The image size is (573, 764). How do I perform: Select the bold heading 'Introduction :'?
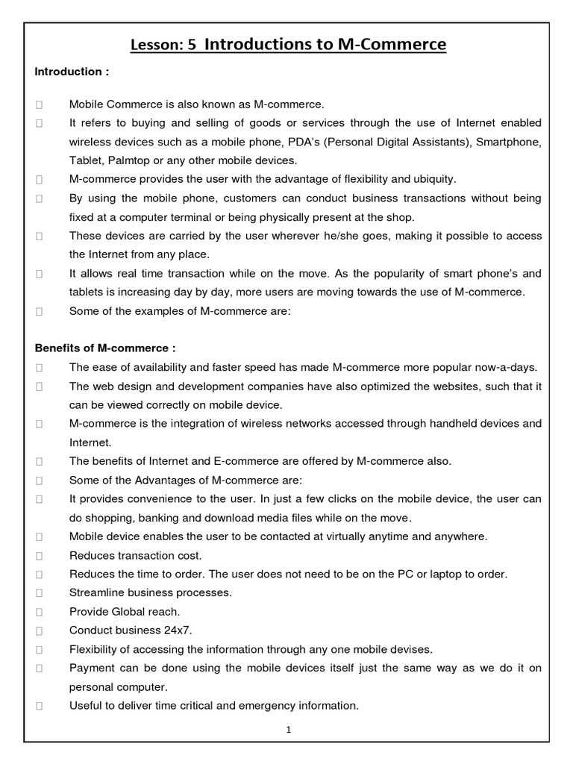coord(72,72)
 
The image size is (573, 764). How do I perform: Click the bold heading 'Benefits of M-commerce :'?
coord(105,348)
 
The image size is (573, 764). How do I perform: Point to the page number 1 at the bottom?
coord(288,730)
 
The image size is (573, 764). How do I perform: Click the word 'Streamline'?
coord(97,592)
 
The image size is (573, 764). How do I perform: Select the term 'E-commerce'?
coord(245,461)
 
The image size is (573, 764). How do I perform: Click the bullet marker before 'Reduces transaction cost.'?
coord(39,556)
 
